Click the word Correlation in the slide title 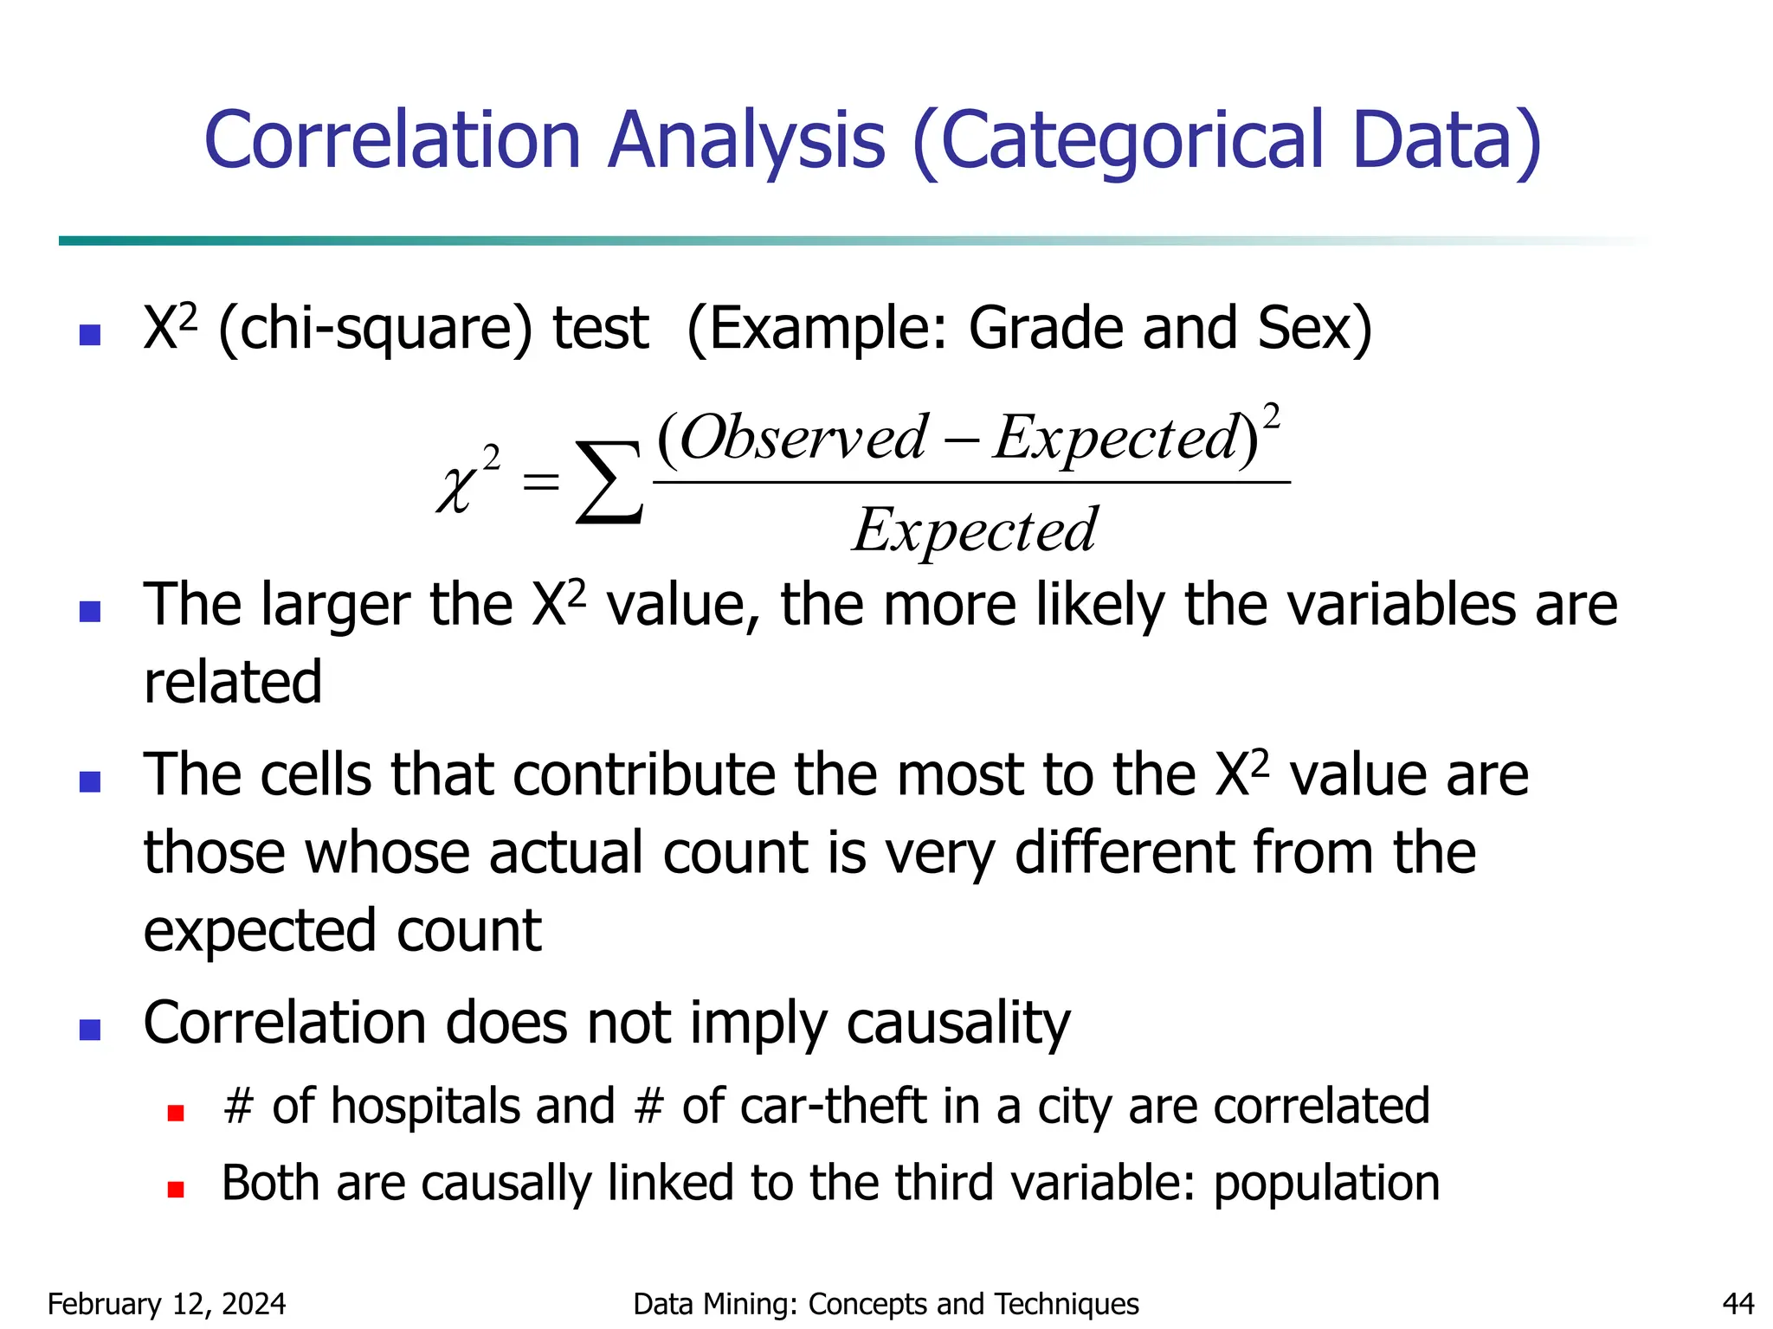[392, 140]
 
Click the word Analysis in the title [746, 140]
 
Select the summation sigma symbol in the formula [609, 482]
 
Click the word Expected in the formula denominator [976, 530]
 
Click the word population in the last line [1326, 1183]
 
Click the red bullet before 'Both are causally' [176, 1190]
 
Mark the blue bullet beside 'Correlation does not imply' [90, 1030]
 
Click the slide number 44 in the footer [1738, 1304]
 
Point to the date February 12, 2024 [166, 1304]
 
